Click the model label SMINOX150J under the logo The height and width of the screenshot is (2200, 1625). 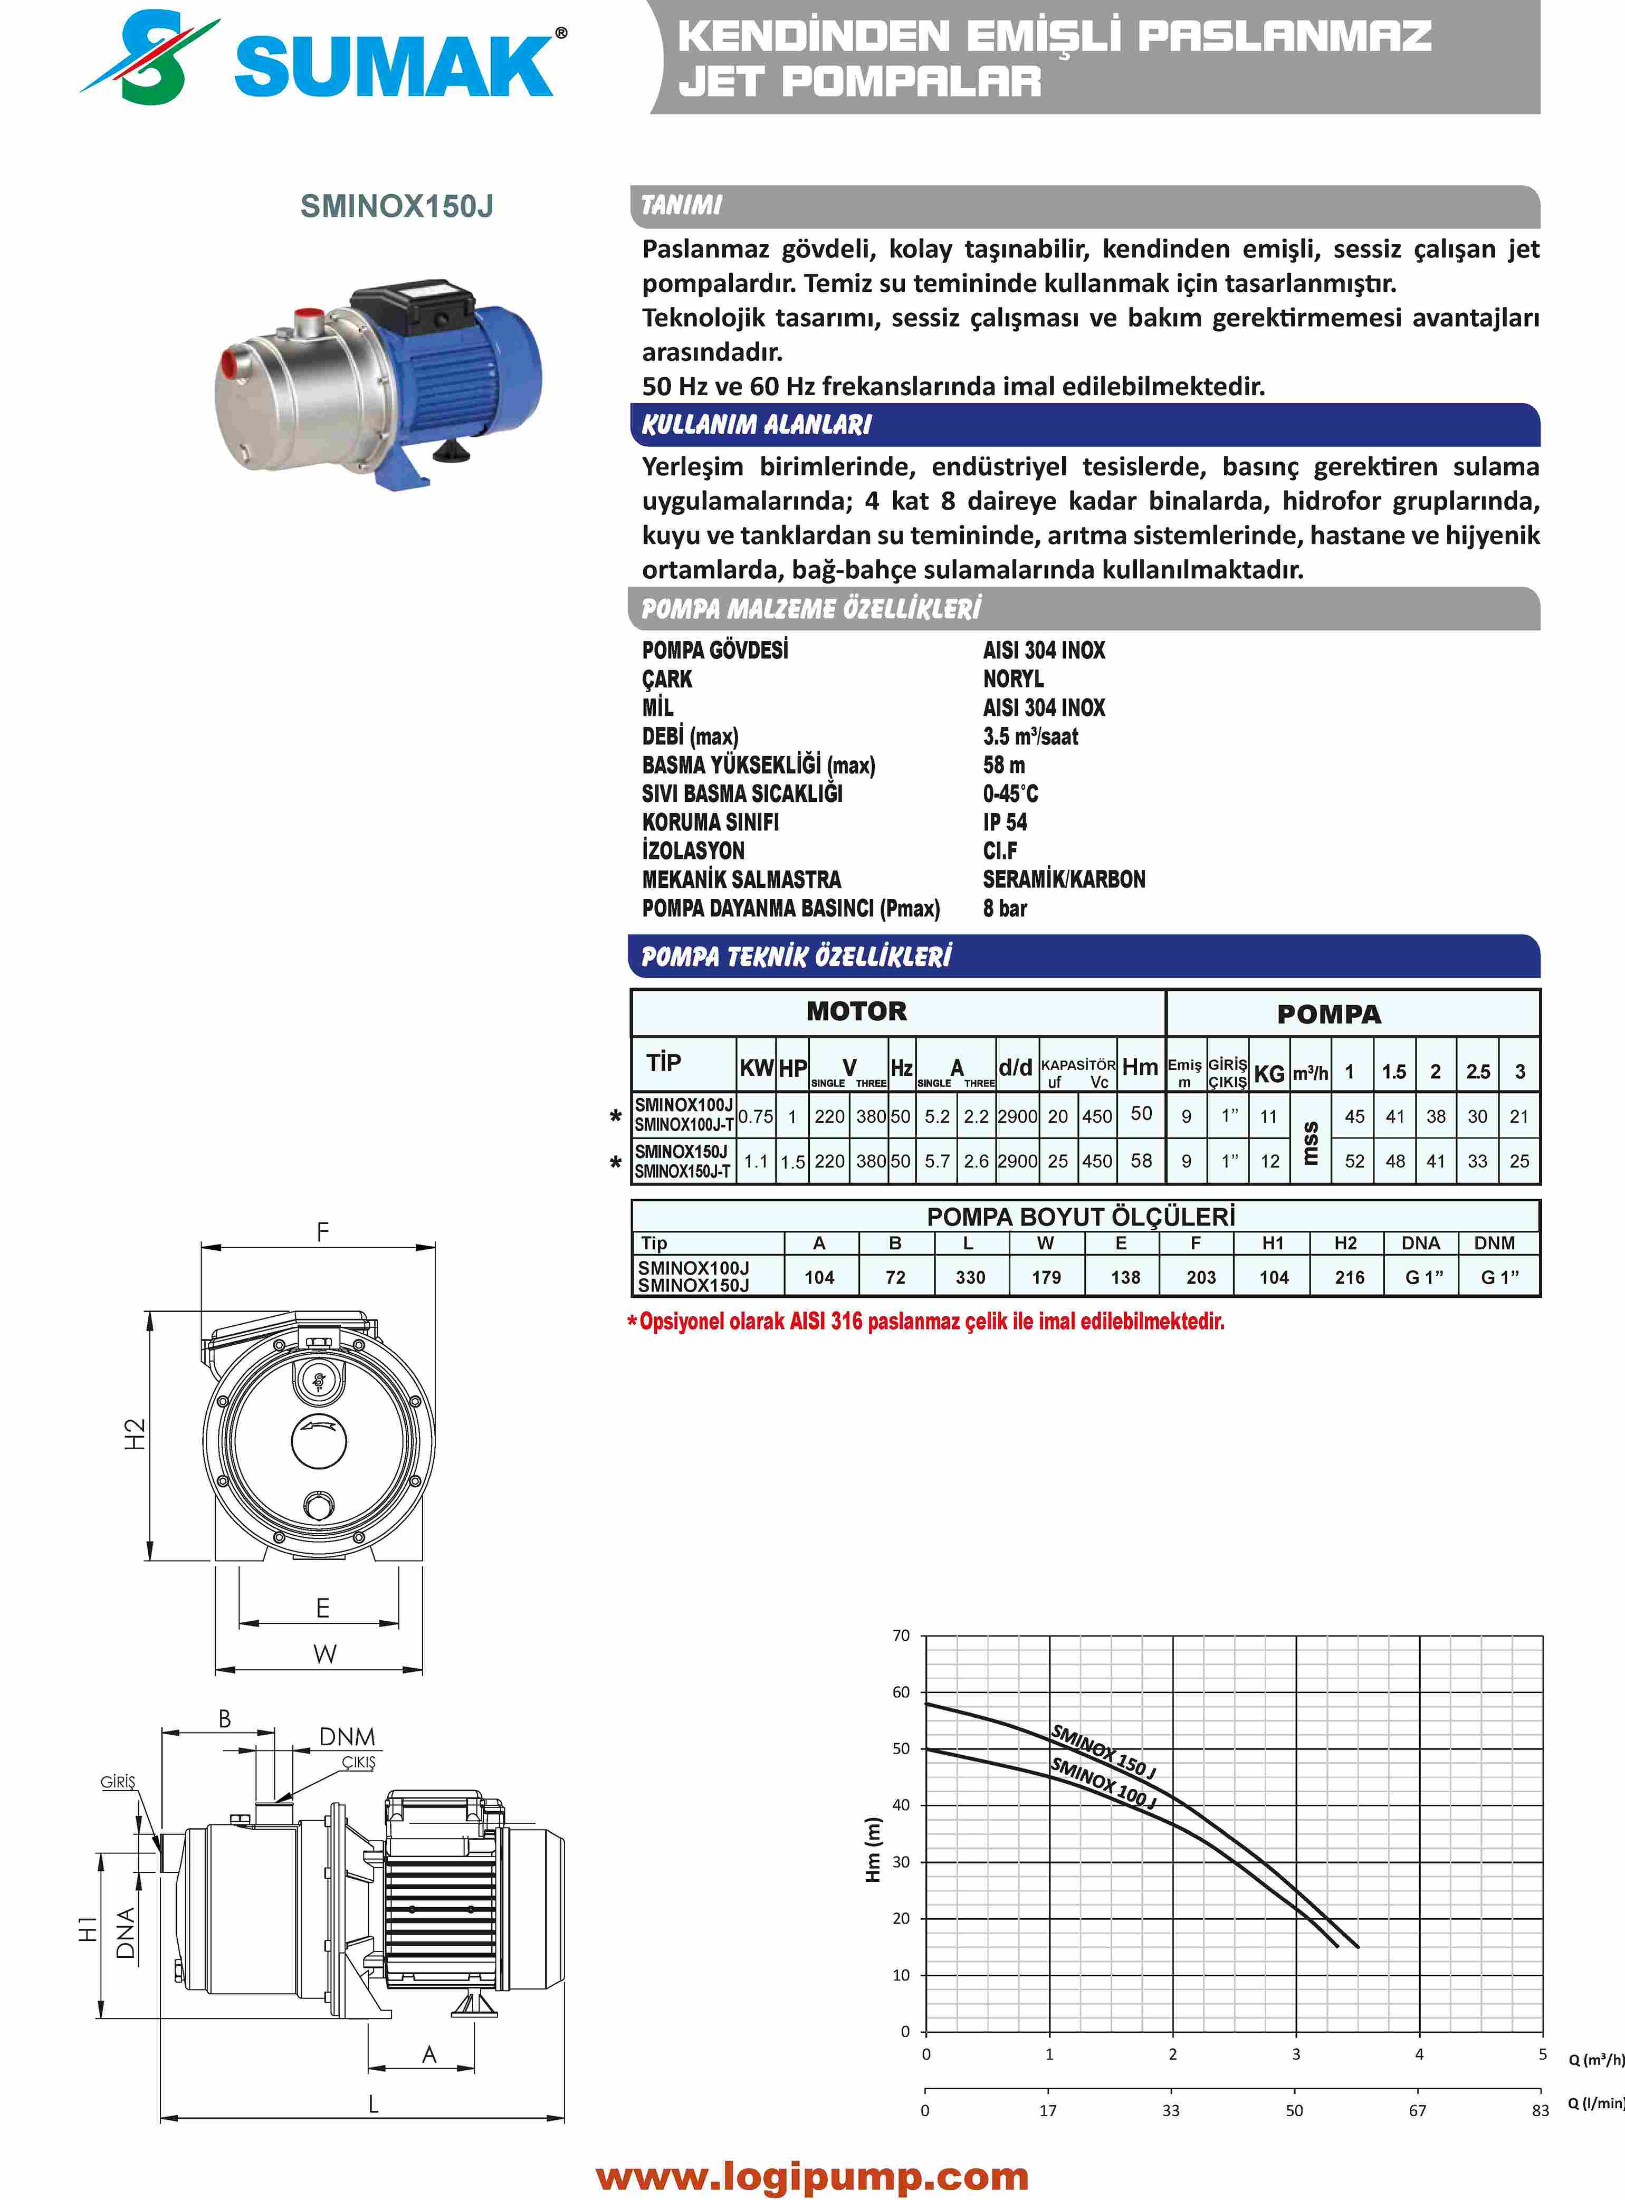pyautogui.click(x=396, y=206)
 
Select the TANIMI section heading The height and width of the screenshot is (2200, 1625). pyautogui.click(x=682, y=206)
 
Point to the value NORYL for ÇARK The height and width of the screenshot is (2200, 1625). pyautogui.click(x=1013, y=678)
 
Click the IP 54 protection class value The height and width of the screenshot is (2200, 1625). pyautogui.click(x=1005, y=822)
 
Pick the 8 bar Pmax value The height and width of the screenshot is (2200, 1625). pyautogui.click(x=1005, y=908)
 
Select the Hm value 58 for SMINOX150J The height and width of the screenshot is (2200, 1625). pyautogui.click(x=1141, y=1161)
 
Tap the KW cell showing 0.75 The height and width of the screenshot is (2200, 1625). pyautogui.click(x=756, y=1116)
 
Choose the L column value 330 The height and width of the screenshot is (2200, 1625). pyautogui.click(x=970, y=1277)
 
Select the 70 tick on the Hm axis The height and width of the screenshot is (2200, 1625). pyautogui.click(x=901, y=1635)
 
